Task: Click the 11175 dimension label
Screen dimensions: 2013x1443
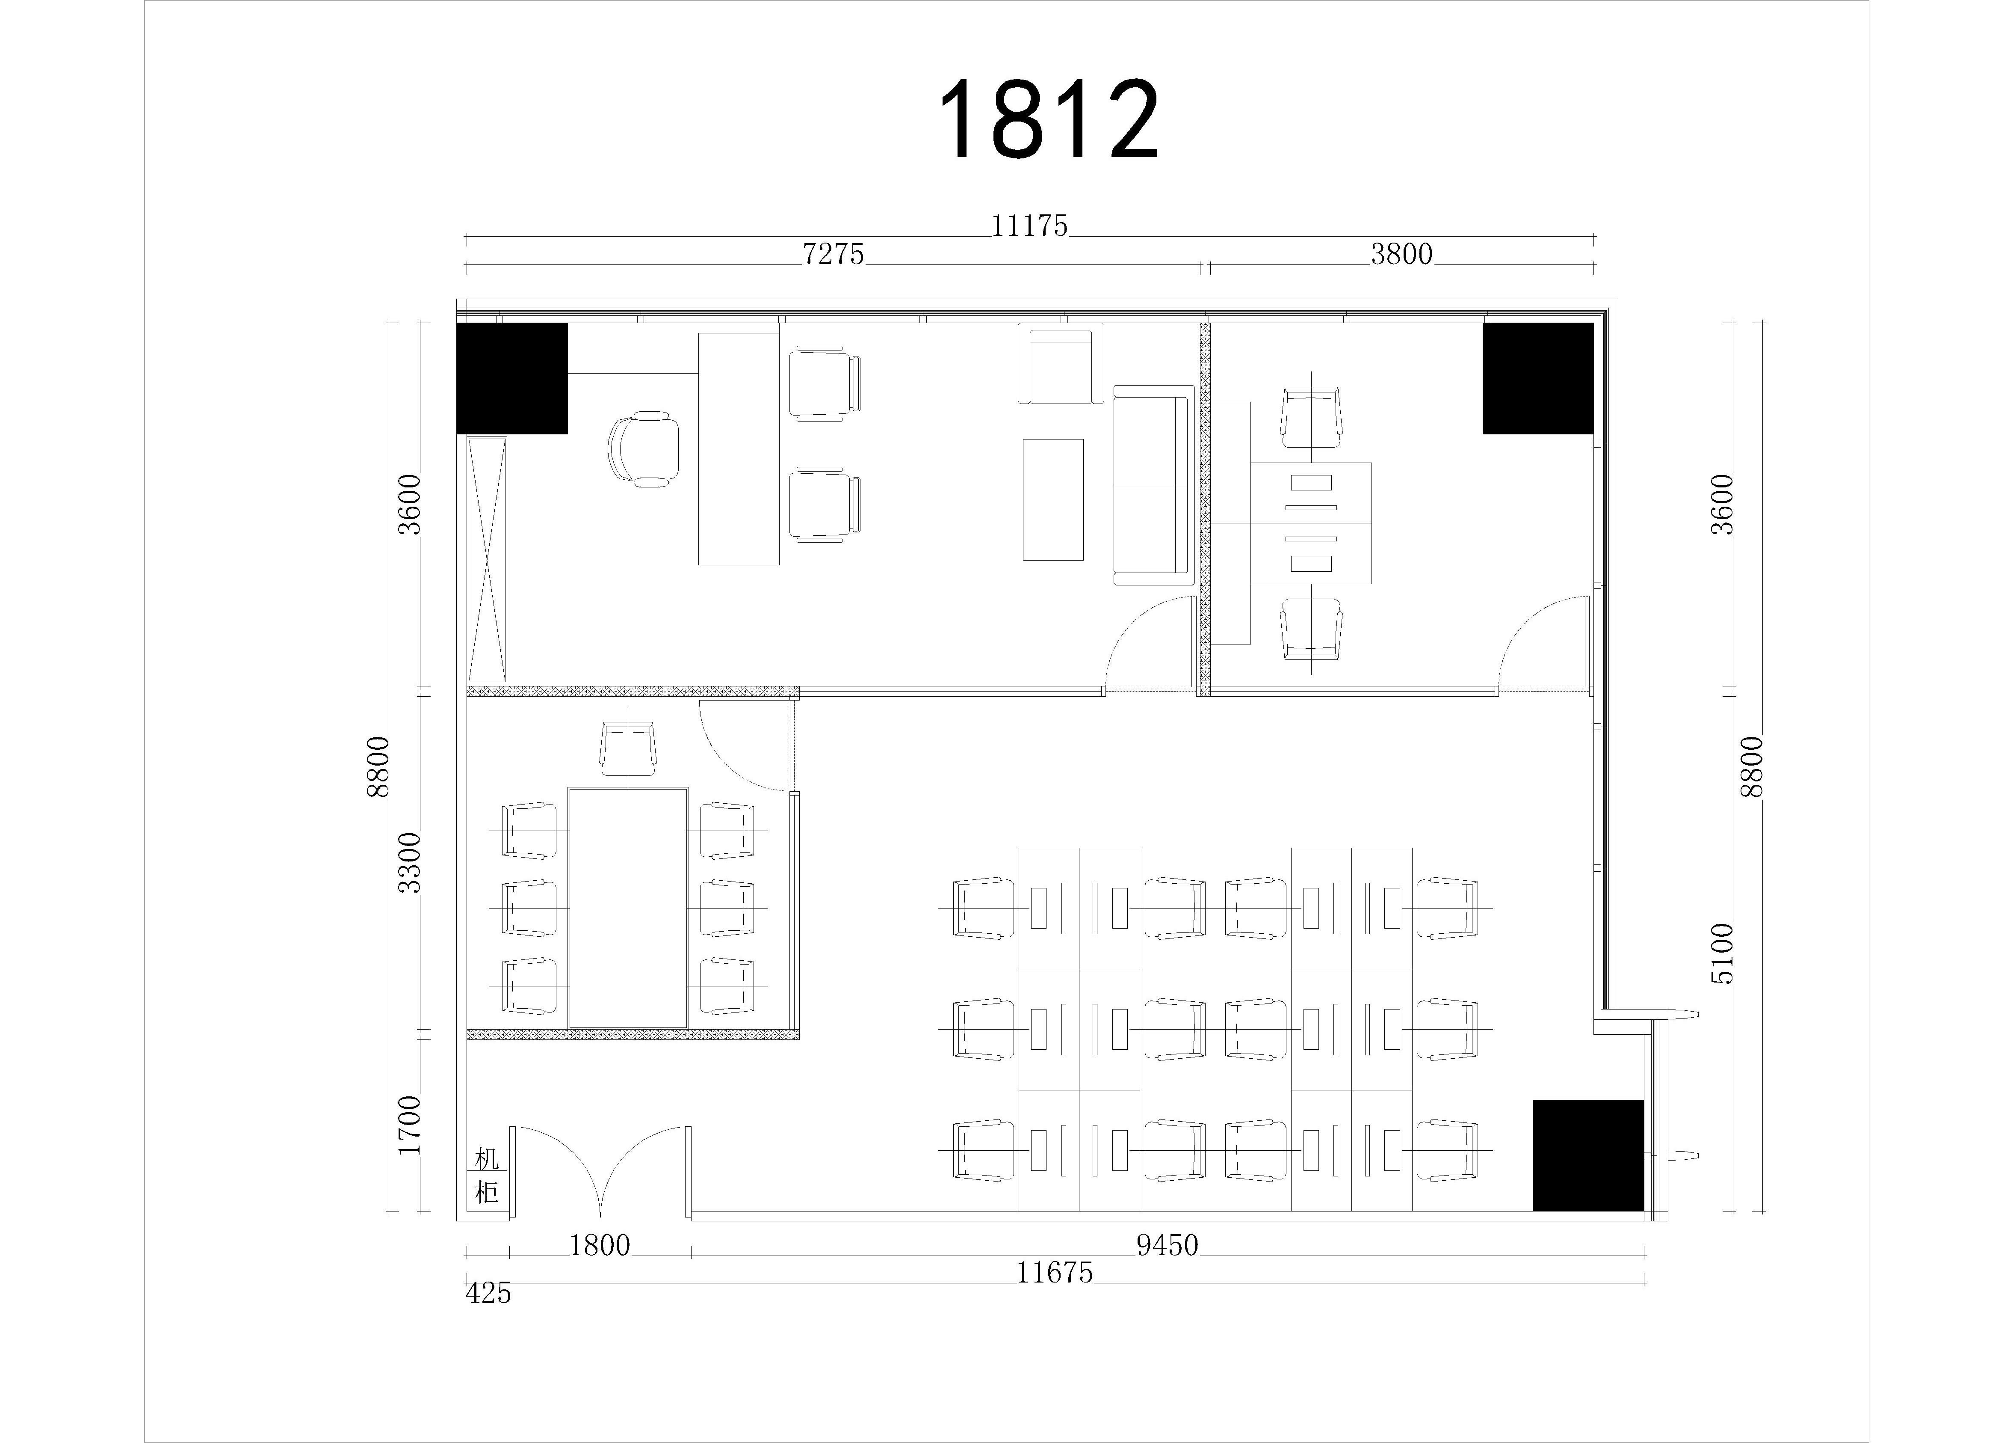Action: coord(1029,226)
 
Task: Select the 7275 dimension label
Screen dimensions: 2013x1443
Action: coord(834,255)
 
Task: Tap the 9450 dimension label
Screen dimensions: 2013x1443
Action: coord(1167,1246)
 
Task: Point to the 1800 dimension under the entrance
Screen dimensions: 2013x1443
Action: coord(600,1246)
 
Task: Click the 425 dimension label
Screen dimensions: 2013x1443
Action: coord(488,1294)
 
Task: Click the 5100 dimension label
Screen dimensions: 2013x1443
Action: coord(1721,954)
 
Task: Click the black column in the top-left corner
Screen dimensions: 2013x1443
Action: coord(512,378)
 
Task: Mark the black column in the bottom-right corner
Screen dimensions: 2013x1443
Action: coord(1588,1155)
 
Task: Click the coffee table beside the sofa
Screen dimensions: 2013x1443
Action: coord(1052,500)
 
